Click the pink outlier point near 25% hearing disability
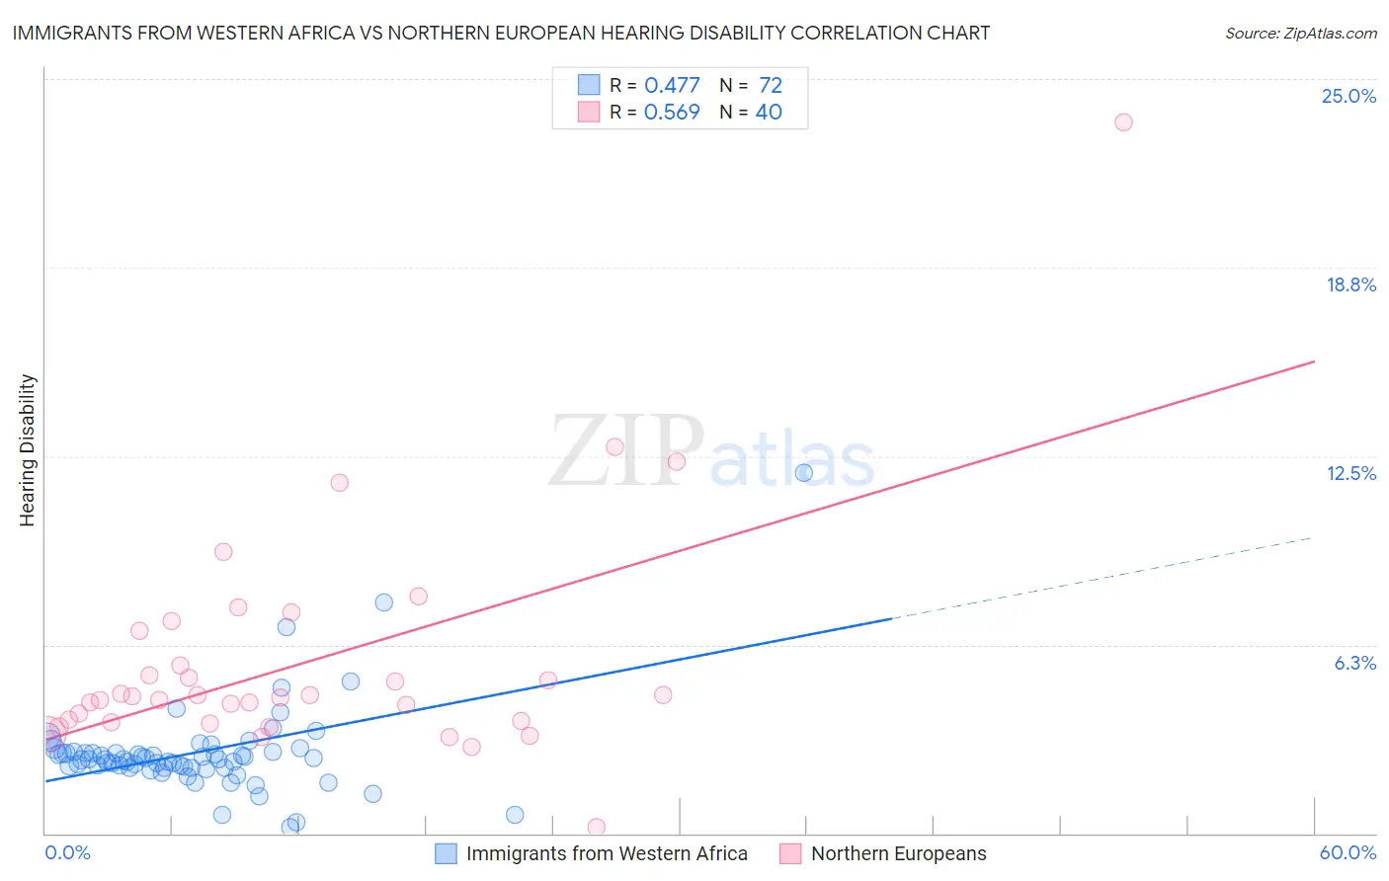[x=1123, y=122]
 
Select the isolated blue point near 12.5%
[x=804, y=473]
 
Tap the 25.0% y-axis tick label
[x=1348, y=96]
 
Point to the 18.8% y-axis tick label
[x=1350, y=284]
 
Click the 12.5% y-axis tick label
[x=1350, y=473]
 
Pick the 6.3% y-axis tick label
[x=1354, y=663]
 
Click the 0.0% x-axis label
[x=67, y=852]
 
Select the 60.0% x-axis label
[x=1348, y=852]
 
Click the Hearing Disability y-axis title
[x=27, y=450]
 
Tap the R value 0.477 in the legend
[x=672, y=86]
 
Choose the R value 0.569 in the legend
[x=672, y=113]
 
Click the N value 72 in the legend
[x=771, y=86]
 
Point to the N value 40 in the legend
[x=769, y=113]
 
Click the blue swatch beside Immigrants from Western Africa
[x=446, y=853]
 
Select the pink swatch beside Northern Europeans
[x=790, y=853]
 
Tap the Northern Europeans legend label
[x=898, y=853]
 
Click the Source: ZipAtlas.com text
[x=1300, y=33]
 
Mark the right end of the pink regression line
[x=1314, y=361]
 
